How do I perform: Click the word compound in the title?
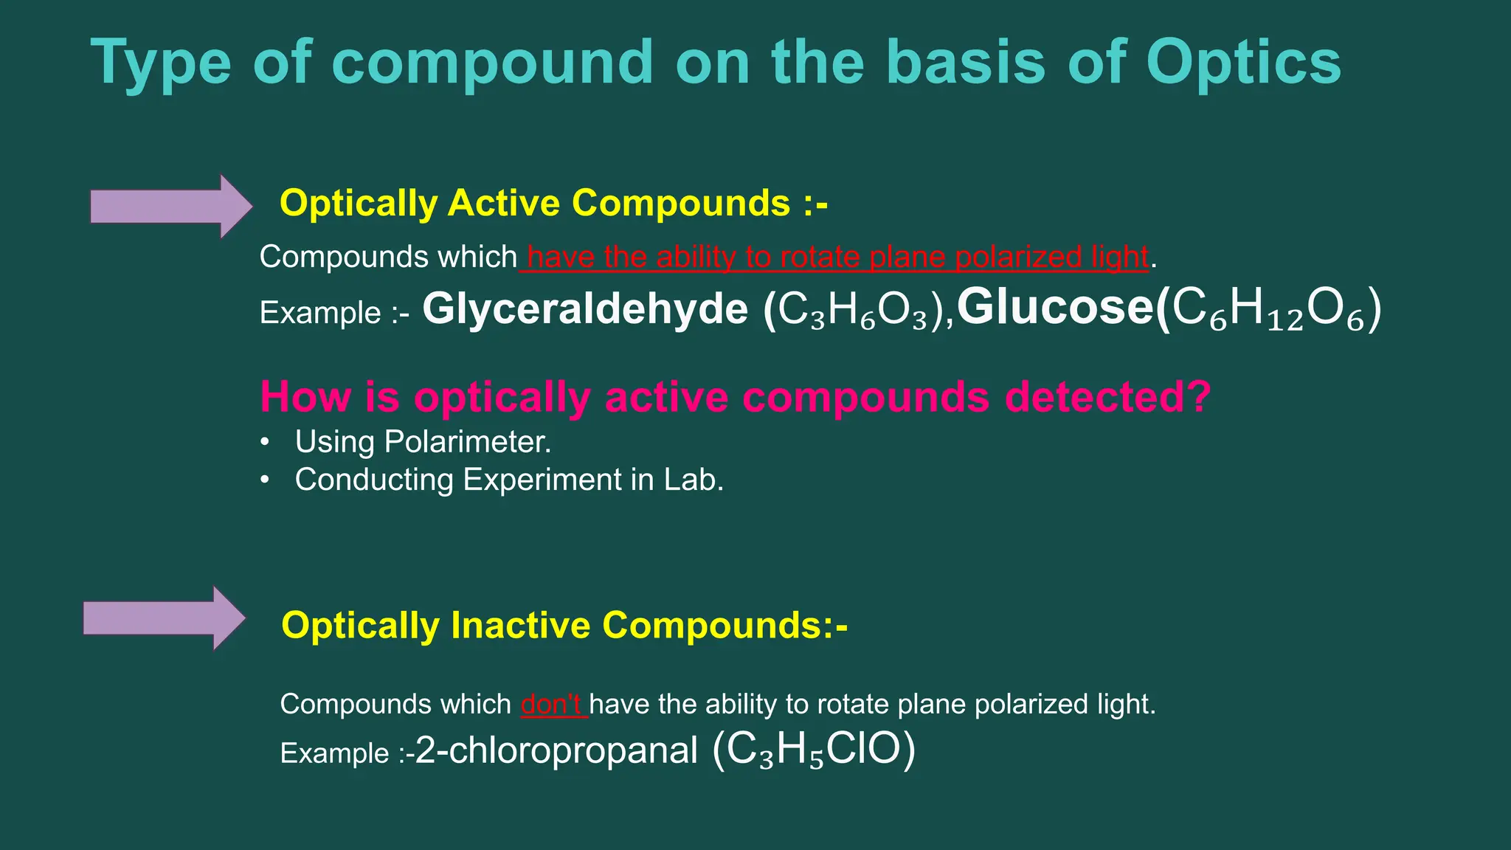pyautogui.click(x=492, y=63)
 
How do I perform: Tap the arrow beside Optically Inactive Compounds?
pyautogui.click(x=164, y=618)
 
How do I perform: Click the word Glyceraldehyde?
pyautogui.click(x=585, y=308)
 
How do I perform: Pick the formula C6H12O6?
pyautogui.click(x=1269, y=309)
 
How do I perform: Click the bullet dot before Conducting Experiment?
pyautogui.click(x=265, y=480)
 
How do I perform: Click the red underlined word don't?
pyautogui.click(x=552, y=704)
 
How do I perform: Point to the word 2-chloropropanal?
pyautogui.click(x=556, y=750)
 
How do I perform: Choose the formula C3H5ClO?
pyautogui.click(x=813, y=750)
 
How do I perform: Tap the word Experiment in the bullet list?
pyautogui.click(x=542, y=480)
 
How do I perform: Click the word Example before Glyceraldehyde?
pyautogui.click(x=319, y=313)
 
